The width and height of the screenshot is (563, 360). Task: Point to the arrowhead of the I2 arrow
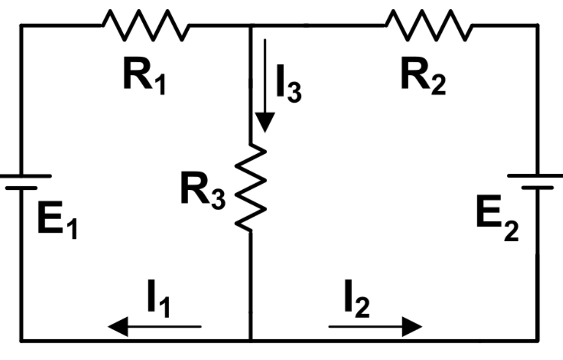pos(413,326)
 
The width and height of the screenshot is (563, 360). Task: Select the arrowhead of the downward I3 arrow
pos(264,124)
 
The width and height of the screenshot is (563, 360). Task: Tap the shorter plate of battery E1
pos(22,188)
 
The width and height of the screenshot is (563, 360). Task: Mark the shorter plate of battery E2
pos(537,188)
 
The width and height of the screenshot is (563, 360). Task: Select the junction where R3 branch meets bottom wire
pos(251,340)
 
